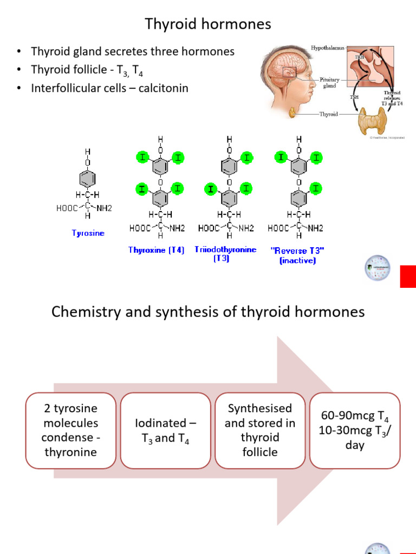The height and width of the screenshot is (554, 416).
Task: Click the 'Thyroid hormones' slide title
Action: (x=207, y=24)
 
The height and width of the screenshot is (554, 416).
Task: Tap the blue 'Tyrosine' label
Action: (x=88, y=233)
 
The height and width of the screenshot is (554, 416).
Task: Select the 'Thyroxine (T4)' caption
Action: (x=157, y=250)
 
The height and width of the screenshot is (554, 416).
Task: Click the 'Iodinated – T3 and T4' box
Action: (x=166, y=430)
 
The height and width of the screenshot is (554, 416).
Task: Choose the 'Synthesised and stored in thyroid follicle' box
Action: (x=260, y=430)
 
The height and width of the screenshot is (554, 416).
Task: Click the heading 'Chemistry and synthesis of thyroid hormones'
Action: (x=208, y=312)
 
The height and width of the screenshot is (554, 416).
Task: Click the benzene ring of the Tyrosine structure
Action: (x=88, y=179)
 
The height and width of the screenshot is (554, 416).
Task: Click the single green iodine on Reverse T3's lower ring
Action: (x=316, y=188)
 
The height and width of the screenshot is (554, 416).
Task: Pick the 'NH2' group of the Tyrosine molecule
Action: (x=103, y=208)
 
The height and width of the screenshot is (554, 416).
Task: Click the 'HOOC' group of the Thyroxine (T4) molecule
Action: (x=140, y=228)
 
